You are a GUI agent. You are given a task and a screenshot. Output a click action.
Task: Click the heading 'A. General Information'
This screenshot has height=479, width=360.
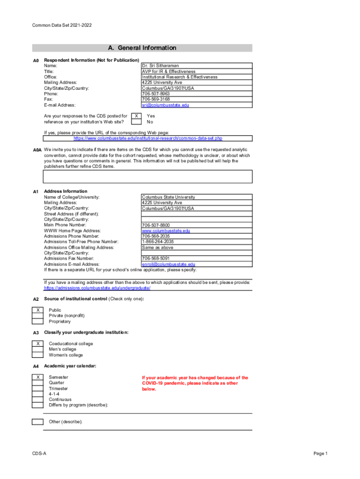click(142, 48)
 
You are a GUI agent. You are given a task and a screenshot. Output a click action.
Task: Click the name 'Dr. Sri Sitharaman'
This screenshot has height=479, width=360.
click(160, 66)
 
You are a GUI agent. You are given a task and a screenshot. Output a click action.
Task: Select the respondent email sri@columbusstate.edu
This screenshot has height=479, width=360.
click(166, 105)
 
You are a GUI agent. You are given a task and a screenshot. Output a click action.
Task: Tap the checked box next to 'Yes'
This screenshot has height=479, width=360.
click(136, 116)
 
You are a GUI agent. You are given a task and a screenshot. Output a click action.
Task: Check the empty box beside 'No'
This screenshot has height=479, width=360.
click(136, 122)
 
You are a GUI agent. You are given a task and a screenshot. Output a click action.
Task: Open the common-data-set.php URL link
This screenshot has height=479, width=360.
click(148, 138)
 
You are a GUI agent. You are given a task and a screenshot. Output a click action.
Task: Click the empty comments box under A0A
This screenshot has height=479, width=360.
click(148, 176)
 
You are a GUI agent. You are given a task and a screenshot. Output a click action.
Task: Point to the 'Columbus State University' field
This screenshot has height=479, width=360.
click(168, 197)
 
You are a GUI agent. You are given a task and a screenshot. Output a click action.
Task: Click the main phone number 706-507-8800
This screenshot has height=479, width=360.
click(156, 225)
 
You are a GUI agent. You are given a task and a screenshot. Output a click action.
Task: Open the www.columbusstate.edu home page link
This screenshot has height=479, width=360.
click(166, 231)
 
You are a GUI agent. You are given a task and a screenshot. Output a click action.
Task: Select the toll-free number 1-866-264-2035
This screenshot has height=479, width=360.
click(158, 242)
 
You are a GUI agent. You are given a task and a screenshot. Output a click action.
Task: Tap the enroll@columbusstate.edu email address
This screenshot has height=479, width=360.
click(168, 264)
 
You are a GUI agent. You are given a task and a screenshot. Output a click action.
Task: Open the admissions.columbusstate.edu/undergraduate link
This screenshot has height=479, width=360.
click(97, 288)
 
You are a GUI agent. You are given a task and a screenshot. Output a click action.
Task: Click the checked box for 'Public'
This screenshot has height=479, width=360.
click(37, 310)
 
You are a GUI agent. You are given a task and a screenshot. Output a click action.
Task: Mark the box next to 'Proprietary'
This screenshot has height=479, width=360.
click(37, 321)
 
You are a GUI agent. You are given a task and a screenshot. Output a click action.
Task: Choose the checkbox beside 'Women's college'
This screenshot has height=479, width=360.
click(37, 355)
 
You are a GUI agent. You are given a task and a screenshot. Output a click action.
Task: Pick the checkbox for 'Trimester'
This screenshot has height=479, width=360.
click(37, 389)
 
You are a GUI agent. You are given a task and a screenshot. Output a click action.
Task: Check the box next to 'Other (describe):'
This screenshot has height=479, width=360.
click(37, 422)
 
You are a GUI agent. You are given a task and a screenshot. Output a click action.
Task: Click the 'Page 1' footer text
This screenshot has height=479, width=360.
click(321, 454)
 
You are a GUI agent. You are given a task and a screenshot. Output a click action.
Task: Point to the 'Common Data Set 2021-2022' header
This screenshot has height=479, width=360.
click(62, 24)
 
